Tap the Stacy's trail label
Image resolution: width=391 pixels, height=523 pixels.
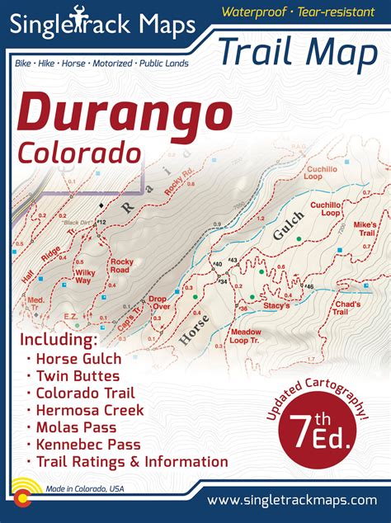pos(277,305)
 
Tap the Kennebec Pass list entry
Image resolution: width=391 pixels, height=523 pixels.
pos(87,445)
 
